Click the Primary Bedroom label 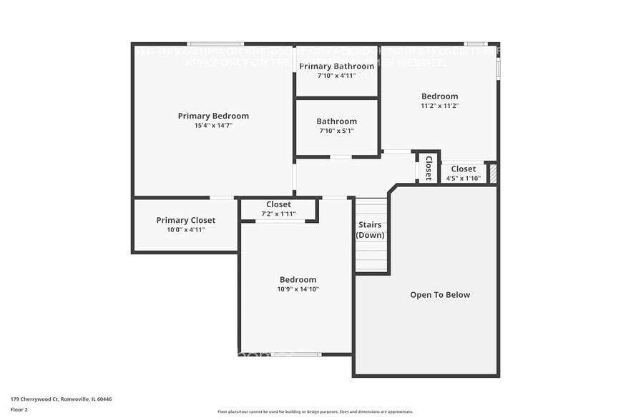213,116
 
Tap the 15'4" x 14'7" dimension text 213,126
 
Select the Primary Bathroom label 336,66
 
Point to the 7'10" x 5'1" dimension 336,131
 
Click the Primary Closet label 185,220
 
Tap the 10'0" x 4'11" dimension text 185,230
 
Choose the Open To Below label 440,294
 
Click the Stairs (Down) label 370,230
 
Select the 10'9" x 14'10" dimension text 298,289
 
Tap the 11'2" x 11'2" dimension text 439,106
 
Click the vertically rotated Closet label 429,168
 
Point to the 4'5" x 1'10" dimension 463,178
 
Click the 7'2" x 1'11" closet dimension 278,214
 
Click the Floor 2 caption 19,410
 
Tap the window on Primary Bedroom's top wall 215,44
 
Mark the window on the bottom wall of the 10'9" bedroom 296,354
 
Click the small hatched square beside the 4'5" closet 492,173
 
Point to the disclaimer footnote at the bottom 315,411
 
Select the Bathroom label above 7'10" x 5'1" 336,121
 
